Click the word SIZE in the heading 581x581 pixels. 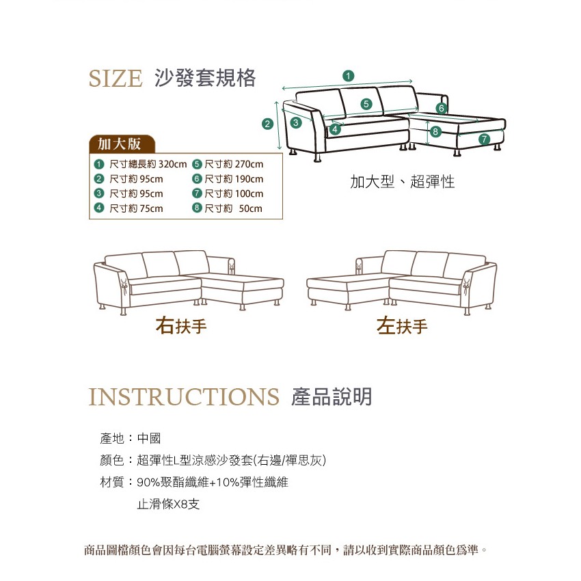(x=116, y=78)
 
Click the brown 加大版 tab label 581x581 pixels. (x=120, y=144)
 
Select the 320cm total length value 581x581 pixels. (x=172, y=164)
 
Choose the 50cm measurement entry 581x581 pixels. (x=250, y=208)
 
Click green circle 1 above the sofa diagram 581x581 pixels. (x=349, y=75)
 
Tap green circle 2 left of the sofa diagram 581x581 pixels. (x=268, y=124)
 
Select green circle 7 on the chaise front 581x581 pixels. (x=484, y=139)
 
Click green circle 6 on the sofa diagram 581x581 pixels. (x=442, y=108)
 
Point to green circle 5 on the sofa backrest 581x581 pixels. (x=366, y=104)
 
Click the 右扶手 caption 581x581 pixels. (x=181, y=327)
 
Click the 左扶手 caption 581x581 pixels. (x=403, y=327)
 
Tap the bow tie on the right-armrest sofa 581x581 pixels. (x=124, y=282)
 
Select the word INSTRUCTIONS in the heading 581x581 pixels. (x=184, y=397)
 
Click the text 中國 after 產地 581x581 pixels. (x=148, y=438)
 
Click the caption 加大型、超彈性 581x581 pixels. (x=402, y=183)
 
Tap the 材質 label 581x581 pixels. (x=111, y=483)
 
